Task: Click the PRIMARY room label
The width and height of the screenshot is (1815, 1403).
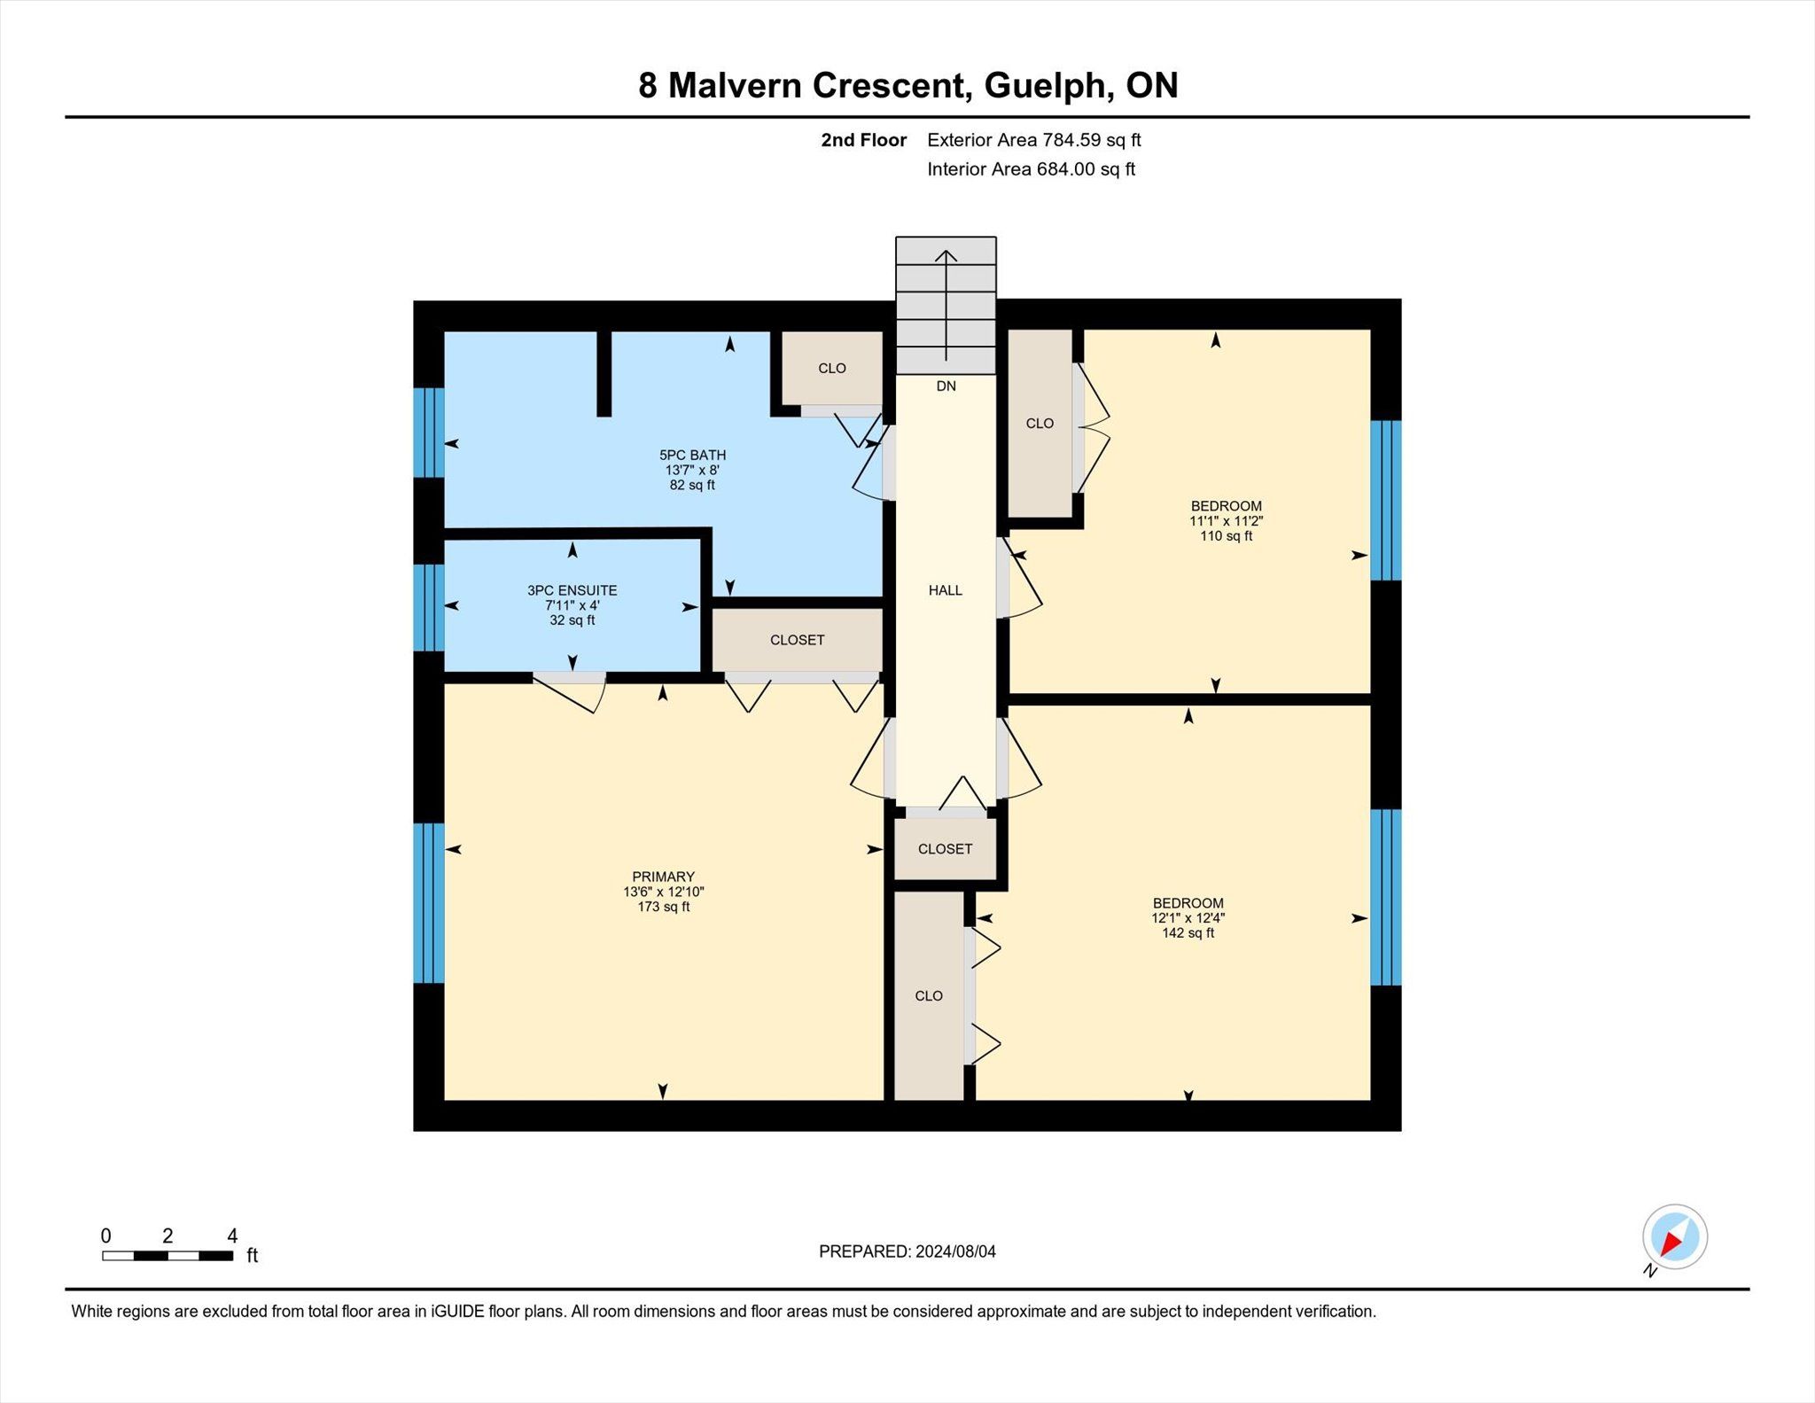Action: pos(663,877)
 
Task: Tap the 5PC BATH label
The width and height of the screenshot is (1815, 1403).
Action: pos(692,455)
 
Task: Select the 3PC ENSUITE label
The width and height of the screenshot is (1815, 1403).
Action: pos(572,590)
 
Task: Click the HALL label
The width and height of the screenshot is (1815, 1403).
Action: pos(946,590)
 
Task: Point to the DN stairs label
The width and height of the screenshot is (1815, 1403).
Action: pos(946,386)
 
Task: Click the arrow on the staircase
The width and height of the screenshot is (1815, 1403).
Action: pos(946,305)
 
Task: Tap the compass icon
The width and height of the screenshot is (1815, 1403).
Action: pos(1674,1237)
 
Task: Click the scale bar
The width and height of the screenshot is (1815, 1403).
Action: pos(167,1255)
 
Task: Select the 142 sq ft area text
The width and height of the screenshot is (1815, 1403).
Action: pos(1188,933)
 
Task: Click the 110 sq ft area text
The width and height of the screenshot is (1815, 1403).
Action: pos(1226,536)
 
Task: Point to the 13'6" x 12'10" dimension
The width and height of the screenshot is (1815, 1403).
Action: pos(663,892)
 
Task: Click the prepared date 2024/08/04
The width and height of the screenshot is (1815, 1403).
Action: pos(955,1251)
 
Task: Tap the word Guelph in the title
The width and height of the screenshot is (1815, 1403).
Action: pos(1047,85)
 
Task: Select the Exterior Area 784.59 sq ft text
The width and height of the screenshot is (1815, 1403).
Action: pos(1033,140)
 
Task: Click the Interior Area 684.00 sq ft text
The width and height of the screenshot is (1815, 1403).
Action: pos(1031,169)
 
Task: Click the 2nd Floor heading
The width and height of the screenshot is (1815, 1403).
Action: pos(863,140)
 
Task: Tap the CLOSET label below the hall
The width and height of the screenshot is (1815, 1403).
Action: pos(945,849)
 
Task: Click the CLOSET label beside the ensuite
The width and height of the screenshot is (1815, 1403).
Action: pos(797,640)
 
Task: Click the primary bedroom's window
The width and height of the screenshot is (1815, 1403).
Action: pos(429,903)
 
